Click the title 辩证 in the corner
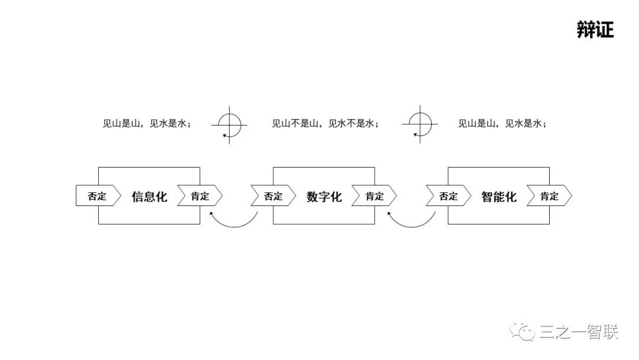(595, 30)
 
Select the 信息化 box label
(149, 197)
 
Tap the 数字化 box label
(324, 197)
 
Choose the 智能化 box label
(499, 197)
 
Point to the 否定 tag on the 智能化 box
(448, 196)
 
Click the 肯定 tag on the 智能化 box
(549, 196)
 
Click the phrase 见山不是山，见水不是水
(324, 124)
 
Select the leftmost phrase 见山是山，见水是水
(147, 124)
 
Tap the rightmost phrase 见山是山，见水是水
(501, 124)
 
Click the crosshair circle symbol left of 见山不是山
(230, 124)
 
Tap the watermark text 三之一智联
(579, 332)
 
